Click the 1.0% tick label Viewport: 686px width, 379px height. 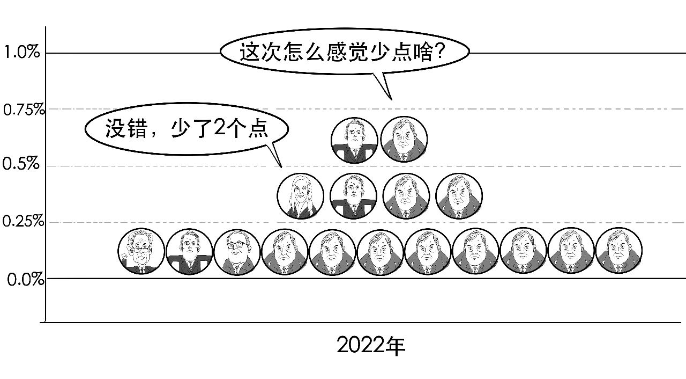(x=22, y=52)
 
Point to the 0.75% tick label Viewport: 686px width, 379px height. (x=24, y=110)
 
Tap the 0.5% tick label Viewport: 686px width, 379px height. (x=21, y=163)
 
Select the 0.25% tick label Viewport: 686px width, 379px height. (x=23, y=221)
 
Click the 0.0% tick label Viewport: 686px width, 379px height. (x=26, y=280)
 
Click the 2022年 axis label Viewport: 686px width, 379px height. (x=371, y=345)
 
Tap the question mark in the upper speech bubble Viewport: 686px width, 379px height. (x=439, y=51)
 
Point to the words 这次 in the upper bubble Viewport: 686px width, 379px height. (x=260, y=52)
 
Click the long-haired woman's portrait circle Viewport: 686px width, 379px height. (x=301, y=196)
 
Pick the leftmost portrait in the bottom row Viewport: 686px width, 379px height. (x=141, y=251)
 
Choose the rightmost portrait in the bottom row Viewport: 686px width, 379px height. (x=619, y=251)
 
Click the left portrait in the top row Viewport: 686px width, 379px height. (x=354, y=140)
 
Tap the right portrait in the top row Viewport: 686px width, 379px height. (x=404, y=139)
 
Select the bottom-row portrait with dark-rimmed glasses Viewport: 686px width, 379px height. (x=237, y=252)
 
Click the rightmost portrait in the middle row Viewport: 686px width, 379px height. (x=459, y=196)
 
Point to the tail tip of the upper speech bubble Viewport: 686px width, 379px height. (x=391, y=100)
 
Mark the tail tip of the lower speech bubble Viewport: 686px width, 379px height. (x=281, y=167)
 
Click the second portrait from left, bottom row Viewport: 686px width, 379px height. (x=189, y=251)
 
